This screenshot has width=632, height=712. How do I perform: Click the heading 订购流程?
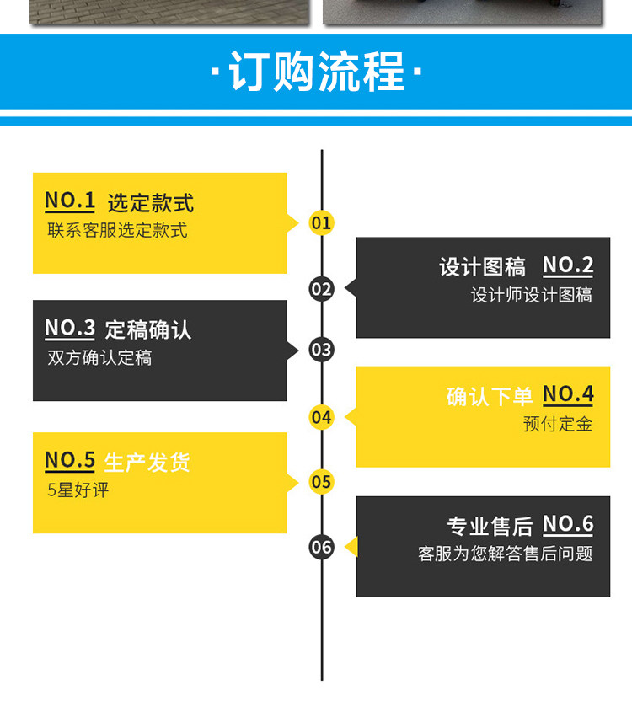(316, 72)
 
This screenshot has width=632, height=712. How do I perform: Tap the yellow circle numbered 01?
(322, 223)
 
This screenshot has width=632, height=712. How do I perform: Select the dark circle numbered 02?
(322, 289)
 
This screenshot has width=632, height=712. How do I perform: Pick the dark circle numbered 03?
(322, 349)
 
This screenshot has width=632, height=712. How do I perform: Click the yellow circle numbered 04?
(322, 417)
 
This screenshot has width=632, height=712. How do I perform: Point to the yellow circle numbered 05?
(322, 482)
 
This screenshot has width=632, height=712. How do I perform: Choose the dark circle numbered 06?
(322, 547)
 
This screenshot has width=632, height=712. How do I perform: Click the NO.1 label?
(70, 201)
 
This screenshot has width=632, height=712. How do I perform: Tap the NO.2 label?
(568, 266)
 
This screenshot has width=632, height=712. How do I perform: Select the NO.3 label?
(70, 329)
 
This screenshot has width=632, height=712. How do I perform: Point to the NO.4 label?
(568, 394)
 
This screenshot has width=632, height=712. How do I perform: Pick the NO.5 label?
(70, 461)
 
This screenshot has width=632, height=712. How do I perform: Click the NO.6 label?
(568, 525)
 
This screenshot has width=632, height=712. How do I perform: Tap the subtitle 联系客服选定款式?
(117, 230)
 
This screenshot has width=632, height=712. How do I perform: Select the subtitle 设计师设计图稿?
(532, 295)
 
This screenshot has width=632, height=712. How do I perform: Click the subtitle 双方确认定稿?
(99, 358)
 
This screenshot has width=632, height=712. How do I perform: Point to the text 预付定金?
(558, 424)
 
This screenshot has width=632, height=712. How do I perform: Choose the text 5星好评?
(78, 490)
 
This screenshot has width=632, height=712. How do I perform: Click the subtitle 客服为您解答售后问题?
(506, 554)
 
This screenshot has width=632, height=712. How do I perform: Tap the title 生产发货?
(147, 463)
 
